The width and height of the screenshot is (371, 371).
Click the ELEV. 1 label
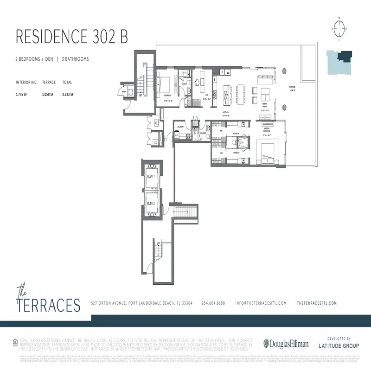[x=150, y=177]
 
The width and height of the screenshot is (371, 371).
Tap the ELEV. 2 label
[x=150, y=204]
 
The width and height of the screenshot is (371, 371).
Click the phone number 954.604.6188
[x=213, y=303]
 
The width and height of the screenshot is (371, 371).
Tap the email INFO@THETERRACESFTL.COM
[x=261, y=303]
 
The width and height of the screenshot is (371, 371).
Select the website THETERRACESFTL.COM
[x=316, y=303]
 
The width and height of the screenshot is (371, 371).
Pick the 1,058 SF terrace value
[x=48, y=94]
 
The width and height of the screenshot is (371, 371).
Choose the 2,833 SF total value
[x=68, y=94]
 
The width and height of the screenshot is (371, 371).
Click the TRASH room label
[x=124, y=91]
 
